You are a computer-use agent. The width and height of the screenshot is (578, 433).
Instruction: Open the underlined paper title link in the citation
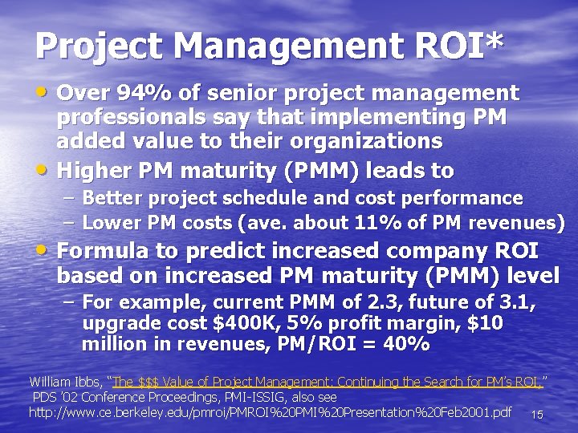click(328, 381)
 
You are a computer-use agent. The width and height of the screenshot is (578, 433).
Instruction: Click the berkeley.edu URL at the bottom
click(270, 413)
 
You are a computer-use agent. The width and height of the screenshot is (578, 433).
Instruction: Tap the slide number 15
click(537, 415)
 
